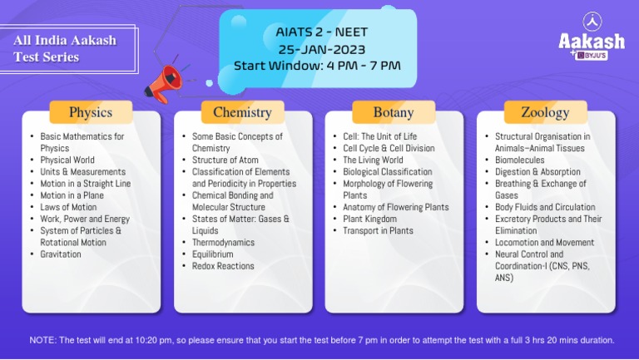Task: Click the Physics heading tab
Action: [91, 112]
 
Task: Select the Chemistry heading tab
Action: [242, 112]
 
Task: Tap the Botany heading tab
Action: [394, 112]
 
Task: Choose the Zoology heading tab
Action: [545, 112]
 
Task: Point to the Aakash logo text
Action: [592, 41]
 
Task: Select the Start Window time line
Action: [317, 65]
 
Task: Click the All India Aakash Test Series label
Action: [65, 48]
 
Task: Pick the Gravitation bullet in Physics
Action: [61, 254]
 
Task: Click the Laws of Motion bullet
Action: [68, 207]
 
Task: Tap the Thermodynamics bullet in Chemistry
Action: [223, 243]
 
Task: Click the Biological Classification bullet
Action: [388, 172]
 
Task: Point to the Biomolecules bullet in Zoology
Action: [520, 160]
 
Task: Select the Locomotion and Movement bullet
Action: [545, 243]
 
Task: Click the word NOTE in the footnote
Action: [42, 340]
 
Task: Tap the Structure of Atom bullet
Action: [225, 160]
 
